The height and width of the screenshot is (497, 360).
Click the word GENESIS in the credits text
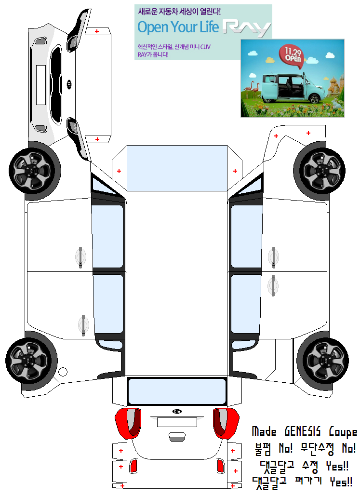[302, 431]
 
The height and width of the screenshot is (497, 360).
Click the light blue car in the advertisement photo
[291, 88]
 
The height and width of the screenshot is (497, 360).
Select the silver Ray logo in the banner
[246, 28]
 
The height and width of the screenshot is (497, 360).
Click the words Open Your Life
[178, 27]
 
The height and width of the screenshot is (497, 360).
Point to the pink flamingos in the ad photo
[252, 90]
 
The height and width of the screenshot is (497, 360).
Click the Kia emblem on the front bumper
[69, 85]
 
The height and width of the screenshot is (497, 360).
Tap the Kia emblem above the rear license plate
[177, 411]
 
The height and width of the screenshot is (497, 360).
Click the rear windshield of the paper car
[177, 391]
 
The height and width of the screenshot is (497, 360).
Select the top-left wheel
[34, 171]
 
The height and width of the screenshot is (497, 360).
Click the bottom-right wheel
[322, 361]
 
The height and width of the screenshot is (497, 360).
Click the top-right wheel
[320, 171]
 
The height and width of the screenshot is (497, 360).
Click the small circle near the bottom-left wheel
[63, 372]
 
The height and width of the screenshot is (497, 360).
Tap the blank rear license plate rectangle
[177, 422]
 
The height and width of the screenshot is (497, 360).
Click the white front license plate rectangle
[41, 85]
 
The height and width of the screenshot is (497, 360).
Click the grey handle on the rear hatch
[177, 437]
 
